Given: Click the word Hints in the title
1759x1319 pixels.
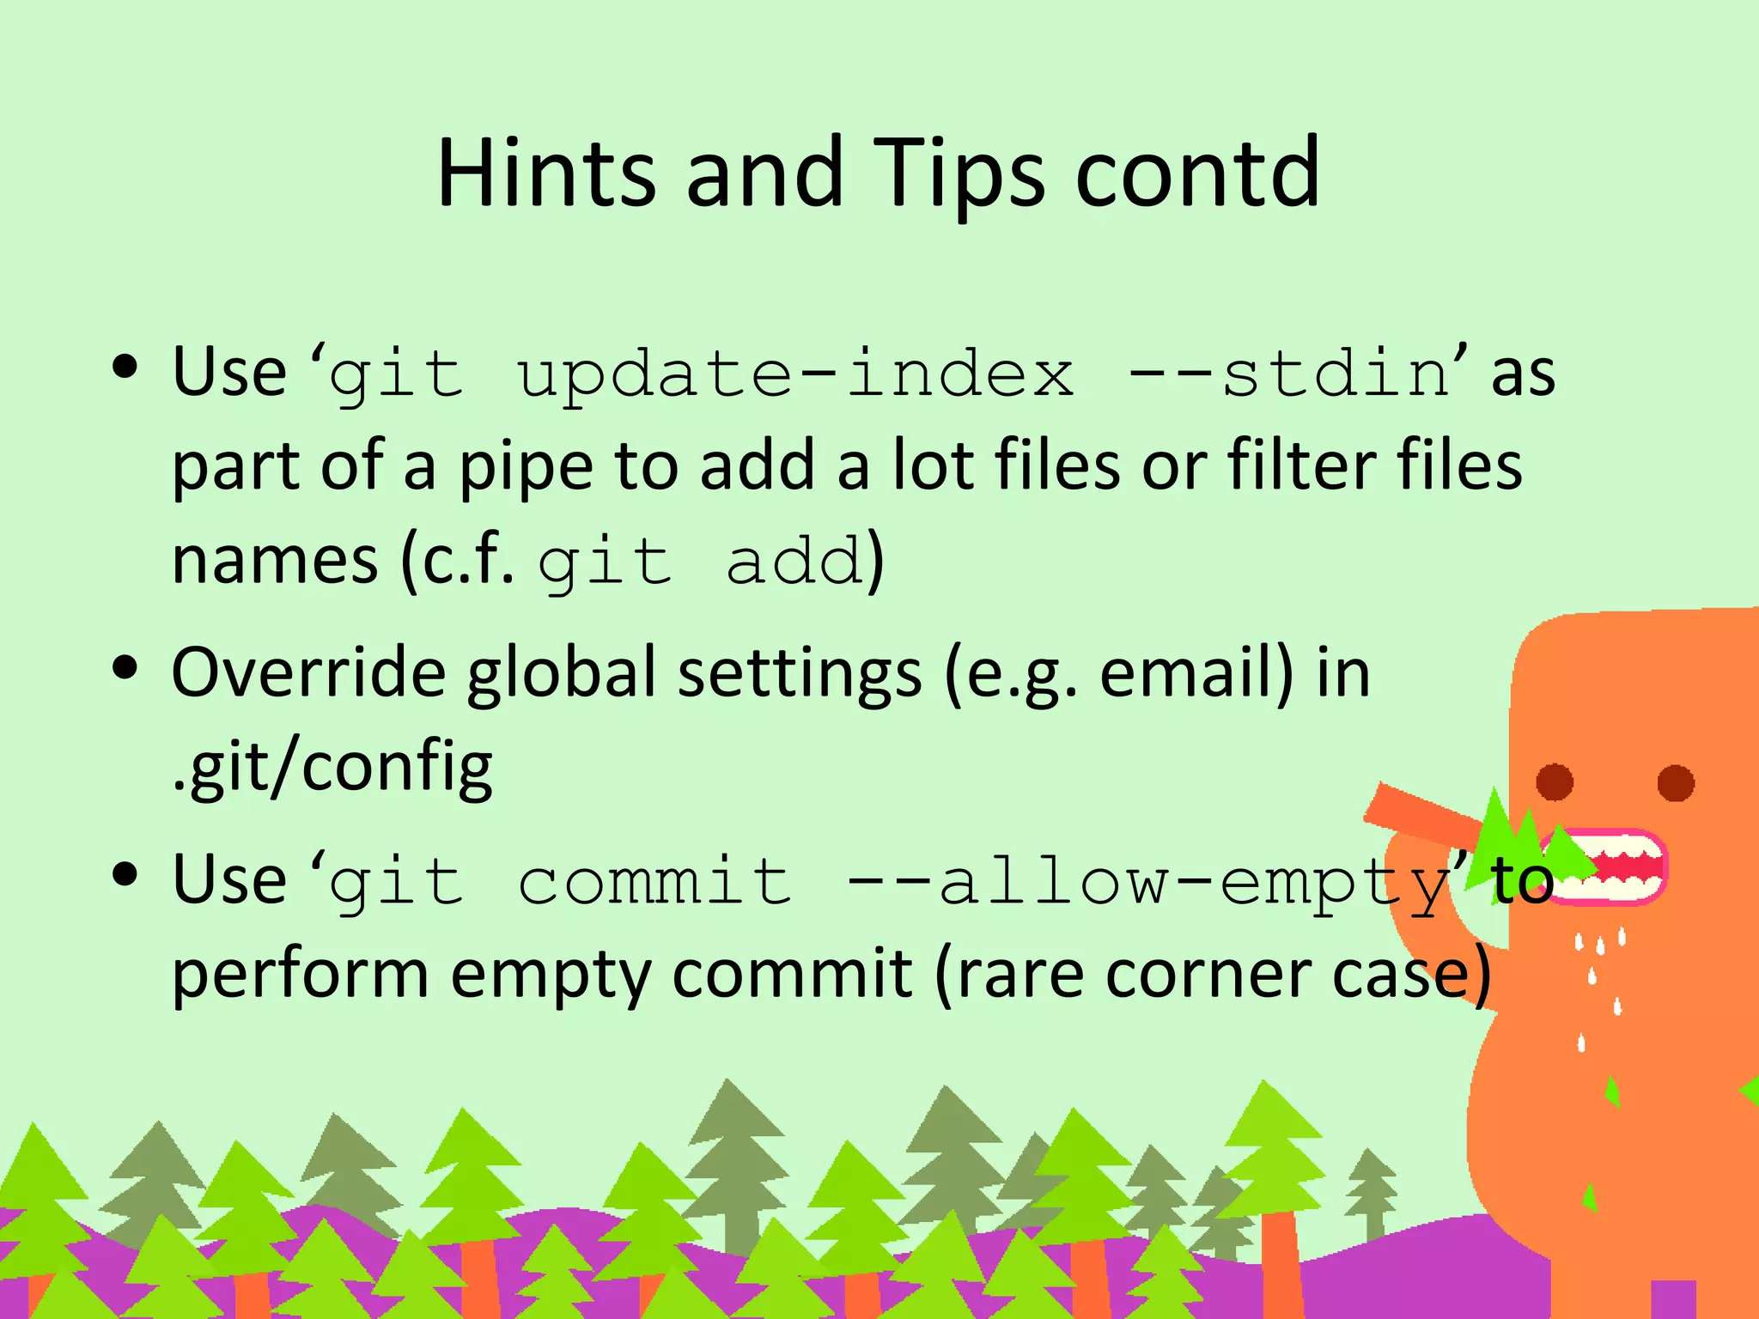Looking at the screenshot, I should coord(546,173).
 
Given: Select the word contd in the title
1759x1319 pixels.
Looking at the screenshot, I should coord(1197,173).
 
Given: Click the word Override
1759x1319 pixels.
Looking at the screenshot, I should coord(309,672).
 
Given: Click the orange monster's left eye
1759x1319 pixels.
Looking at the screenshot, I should coord(1554,782).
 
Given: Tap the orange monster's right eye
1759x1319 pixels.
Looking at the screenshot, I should coord(1676,782).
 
